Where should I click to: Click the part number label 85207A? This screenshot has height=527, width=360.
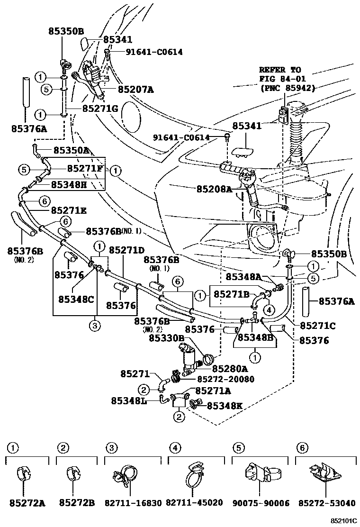click(136, 89)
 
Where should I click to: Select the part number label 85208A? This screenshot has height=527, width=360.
click(215, 189)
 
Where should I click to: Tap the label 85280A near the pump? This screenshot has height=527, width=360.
click(230, 368)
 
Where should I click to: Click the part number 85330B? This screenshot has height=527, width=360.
click(167, 338)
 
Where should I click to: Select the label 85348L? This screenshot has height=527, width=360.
click(129, 401)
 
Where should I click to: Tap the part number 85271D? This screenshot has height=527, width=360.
click(127, 249)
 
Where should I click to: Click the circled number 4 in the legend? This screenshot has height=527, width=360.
click(175, 447)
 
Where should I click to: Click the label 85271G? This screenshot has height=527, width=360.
click(100, 109)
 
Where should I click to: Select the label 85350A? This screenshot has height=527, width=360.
click(71, 150)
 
